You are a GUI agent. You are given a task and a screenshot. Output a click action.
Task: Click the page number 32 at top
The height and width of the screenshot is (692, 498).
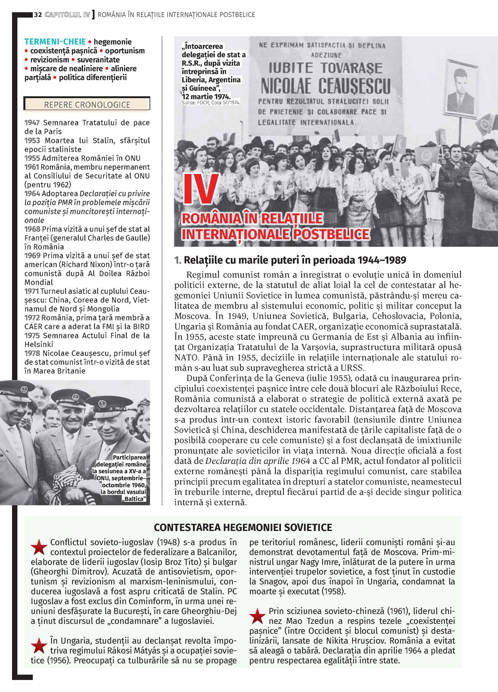(37, 15)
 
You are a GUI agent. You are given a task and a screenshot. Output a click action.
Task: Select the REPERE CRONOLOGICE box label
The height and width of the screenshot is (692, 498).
(87, 105)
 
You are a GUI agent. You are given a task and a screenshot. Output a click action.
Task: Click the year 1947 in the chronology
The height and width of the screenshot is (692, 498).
(32, 122)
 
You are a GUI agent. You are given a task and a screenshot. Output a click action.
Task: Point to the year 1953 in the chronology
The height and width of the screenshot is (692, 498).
(32, 140)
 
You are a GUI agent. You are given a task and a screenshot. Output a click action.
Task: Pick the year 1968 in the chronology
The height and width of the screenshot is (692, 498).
(32, 229)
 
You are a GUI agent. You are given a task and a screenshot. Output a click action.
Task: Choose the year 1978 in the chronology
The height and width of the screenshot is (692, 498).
(32, 353)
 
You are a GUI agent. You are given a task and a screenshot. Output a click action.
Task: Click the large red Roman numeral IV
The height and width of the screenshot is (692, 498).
(201, 190)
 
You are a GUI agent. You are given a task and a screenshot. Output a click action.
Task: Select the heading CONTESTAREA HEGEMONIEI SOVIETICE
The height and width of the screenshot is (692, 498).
(243, 527)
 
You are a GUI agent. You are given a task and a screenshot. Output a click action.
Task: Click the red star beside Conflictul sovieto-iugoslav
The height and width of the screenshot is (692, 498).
(39, 547)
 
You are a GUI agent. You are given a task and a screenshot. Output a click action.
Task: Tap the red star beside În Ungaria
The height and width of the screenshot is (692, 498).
(39, 646)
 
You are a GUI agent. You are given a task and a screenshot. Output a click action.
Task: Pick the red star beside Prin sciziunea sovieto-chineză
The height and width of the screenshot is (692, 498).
(257, 616)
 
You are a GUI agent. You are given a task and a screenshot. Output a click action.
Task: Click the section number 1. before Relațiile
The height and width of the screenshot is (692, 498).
(178, 260)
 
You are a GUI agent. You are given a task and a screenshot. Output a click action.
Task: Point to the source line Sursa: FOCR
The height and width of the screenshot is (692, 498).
(211, 103)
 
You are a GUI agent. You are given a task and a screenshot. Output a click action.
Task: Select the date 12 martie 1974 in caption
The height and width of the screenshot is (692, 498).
(206, 96)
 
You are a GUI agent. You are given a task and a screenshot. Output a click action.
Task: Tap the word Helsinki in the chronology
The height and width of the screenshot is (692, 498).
(39, 344)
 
